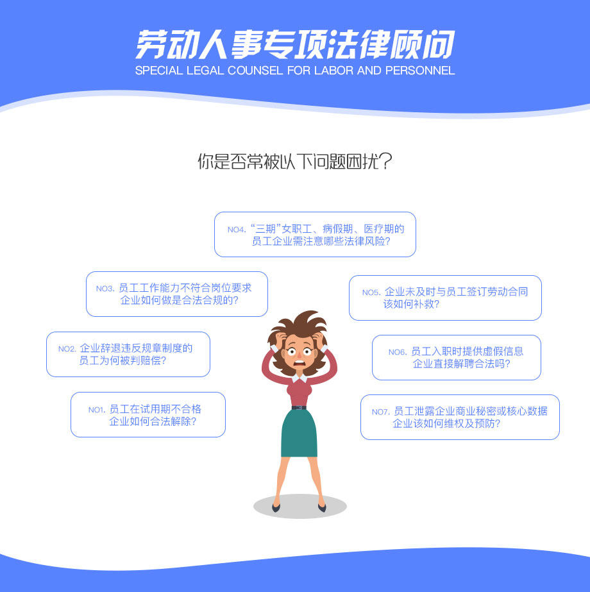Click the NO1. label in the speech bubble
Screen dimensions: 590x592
tap(96, 410)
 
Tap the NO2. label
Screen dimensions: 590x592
tap(67, 349)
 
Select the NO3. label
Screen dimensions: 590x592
tap(105, 289)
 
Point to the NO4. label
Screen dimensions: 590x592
tap(237, 230)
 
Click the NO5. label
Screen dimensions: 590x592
tap(371, 292)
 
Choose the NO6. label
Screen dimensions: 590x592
tap(398, 352)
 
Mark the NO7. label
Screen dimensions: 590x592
tap(380, 412)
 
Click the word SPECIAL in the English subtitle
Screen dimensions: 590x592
tap(159, 71)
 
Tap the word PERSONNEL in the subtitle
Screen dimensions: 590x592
tap(420, 71)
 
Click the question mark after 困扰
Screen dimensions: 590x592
tap(386, 162)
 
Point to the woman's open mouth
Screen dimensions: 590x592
tap(299, 364)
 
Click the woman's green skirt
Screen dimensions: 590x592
tap(299, 433)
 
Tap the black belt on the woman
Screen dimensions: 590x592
tap(299, 407)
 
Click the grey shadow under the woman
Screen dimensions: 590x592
tap(300, 507)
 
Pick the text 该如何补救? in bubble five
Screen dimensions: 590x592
tap(412, 304)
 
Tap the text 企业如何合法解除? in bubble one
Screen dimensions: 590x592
tap(153, 421)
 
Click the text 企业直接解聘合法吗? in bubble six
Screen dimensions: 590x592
tap(461, 364)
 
